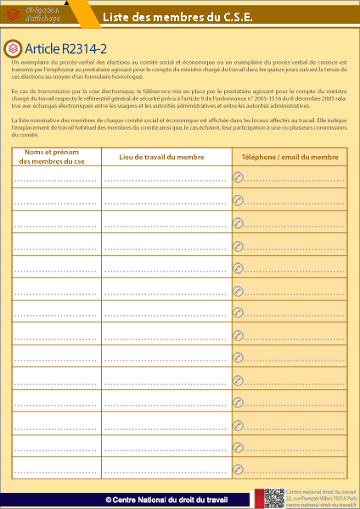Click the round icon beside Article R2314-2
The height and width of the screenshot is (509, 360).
pyautogui.click(x=13, y=48)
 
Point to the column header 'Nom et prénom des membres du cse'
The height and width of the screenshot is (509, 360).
pyautogui.click(x=55, y=156)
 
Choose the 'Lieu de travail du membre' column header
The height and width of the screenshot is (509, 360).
pyautogui.click(x=162, y=156)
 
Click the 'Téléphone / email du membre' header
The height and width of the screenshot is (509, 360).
pyautogui.click(x=290, y=157)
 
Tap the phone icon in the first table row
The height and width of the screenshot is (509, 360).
pyautogui.click(x=238, y=177)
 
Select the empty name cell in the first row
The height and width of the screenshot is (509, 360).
pyautogui.click(x=55, y=177)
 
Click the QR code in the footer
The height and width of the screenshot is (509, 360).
pyautogui.click(x=273, y=499)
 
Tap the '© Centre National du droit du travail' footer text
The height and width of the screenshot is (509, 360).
pyautogui.click(x=167, y=500)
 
